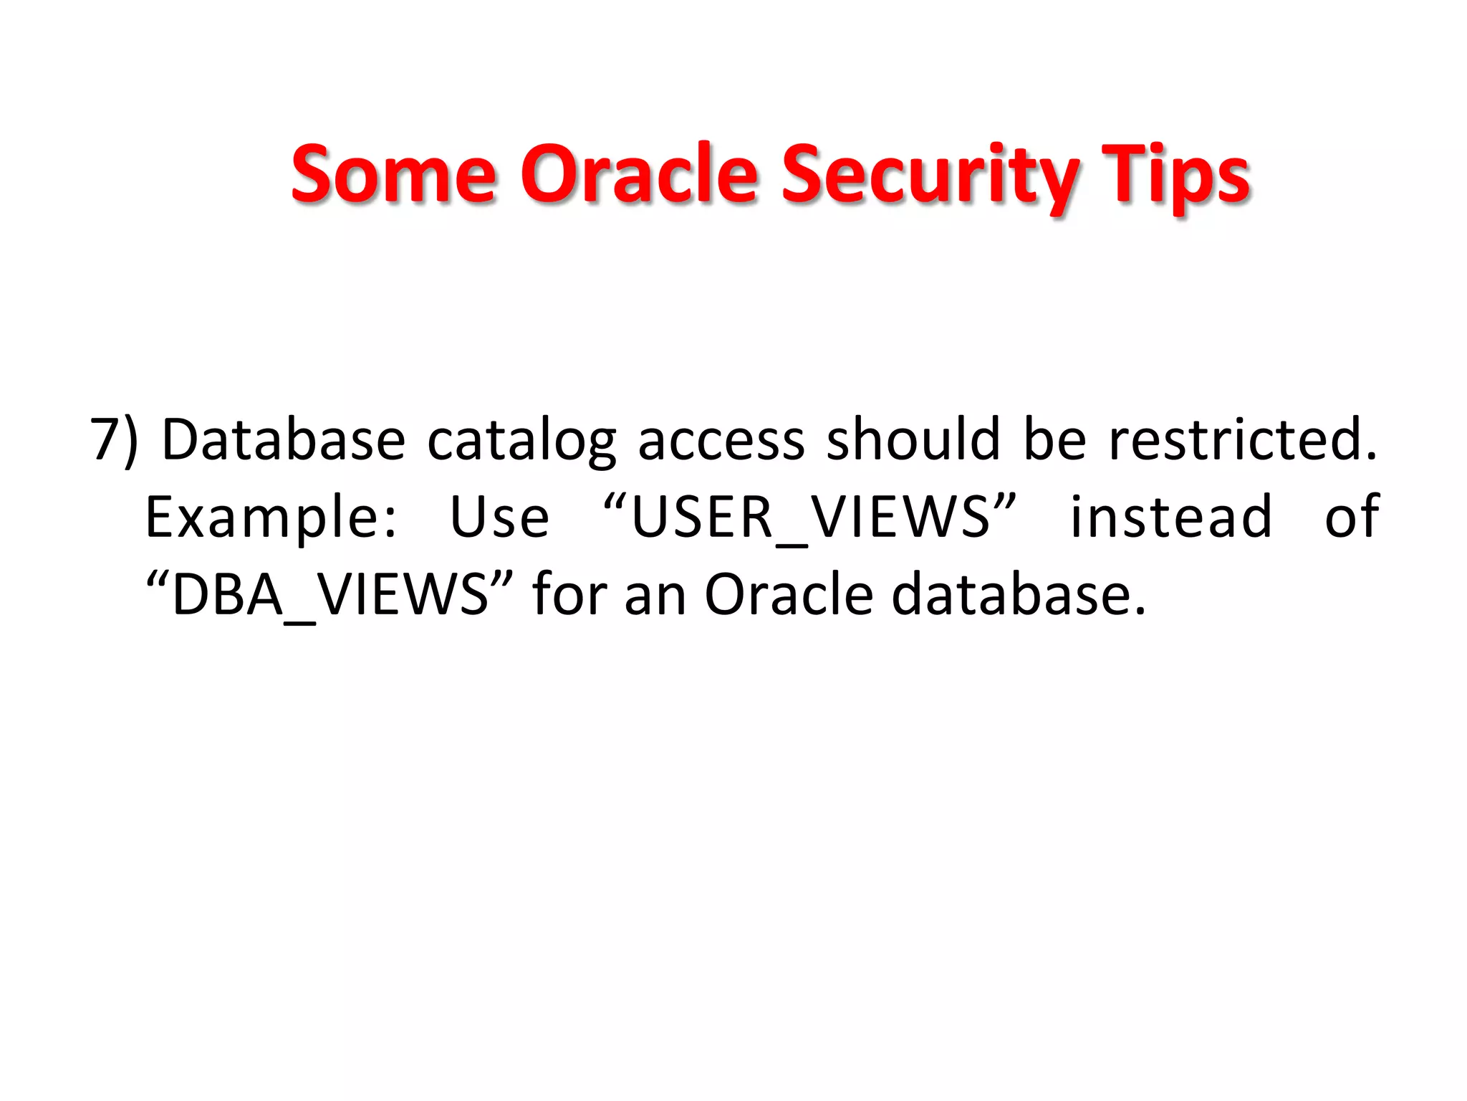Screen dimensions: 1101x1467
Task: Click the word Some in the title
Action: (393, 173)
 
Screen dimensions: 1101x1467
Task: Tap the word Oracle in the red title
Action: (638, 173)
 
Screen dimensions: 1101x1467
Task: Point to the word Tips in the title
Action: (1175, 173)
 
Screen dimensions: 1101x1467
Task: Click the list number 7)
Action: (113, 440)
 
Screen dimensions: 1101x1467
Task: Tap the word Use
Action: (499, 518)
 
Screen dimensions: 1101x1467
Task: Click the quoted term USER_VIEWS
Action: (809, 518)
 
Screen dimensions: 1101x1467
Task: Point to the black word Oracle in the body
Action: (789, 595)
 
